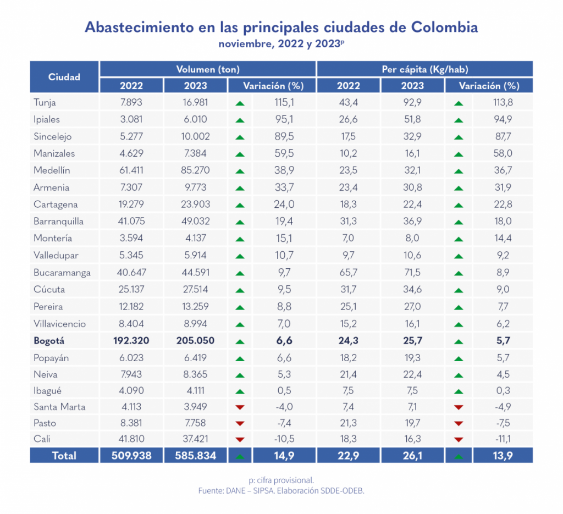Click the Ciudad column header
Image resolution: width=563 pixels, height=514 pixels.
point(64,77)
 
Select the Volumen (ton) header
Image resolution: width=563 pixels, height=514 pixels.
point(208,69)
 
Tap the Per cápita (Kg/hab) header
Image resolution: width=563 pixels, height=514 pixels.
point(424,69)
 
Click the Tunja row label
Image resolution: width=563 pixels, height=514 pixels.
point(45,102)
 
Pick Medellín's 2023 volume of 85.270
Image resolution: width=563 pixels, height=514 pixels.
point(195,170)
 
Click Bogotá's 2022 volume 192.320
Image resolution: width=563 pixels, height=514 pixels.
point(131,341)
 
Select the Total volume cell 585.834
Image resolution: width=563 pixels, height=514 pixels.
point(195,456)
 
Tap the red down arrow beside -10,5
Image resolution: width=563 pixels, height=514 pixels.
point(240,440)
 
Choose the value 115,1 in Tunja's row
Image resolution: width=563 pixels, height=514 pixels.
point(285,102)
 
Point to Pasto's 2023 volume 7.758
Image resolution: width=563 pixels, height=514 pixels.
point(195,423)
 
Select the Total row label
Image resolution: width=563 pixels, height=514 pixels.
point(64,456)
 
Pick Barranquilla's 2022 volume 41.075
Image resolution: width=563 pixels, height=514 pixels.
point(131,222)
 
